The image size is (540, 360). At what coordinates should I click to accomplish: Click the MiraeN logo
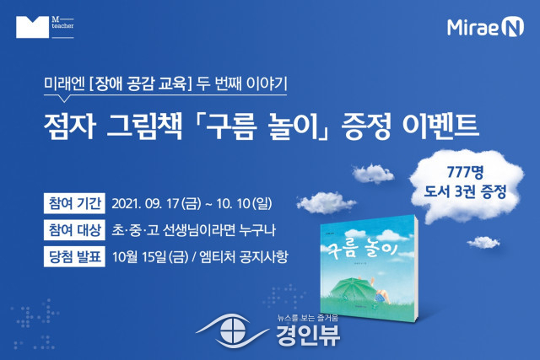485,28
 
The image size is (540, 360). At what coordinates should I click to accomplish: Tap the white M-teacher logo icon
32,27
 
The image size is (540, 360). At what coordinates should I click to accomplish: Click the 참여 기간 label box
74,203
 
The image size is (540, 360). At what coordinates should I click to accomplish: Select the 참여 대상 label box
74,230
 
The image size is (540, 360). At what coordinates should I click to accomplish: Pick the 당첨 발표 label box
74,256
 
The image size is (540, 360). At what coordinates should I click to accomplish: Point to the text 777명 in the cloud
465,172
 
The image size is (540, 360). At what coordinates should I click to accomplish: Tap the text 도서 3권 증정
465,191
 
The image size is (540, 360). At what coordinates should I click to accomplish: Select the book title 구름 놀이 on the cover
360,250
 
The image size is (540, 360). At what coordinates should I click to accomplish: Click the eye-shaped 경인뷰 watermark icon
233,331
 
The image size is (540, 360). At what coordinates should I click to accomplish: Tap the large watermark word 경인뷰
308,336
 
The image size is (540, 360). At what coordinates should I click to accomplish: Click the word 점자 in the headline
69,126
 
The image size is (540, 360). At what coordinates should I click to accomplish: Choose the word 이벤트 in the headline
440,126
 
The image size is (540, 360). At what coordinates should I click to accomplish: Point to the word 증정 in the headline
365,126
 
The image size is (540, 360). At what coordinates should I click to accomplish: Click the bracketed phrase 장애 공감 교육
140,84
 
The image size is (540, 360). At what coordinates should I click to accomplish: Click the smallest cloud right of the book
483,242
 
